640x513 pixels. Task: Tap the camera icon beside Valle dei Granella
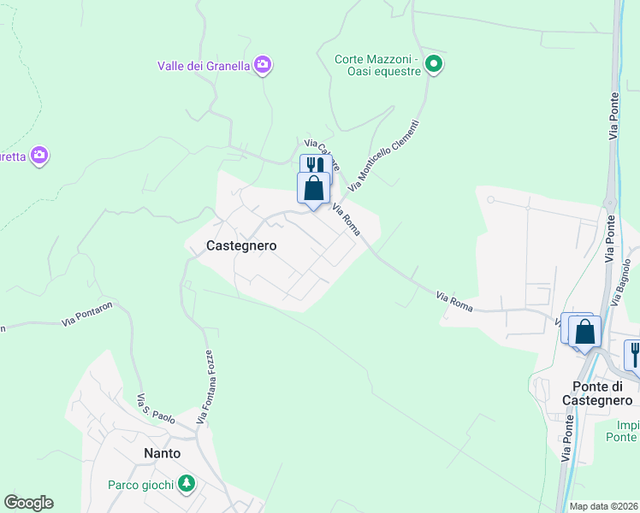click(x=263, y=64)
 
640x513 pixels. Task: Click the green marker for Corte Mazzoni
click(x=435, y=63)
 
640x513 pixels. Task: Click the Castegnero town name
click(x=242, y=245)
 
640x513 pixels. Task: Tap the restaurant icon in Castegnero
click(x=315, y=165)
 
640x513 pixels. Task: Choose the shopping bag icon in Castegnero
click(x=314, y=187)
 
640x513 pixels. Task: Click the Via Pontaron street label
click(x=87, y=313)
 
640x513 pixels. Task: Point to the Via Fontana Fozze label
click(x=204, y=386)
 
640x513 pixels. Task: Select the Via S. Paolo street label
click(x=156, y=409)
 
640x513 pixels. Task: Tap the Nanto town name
click(x=162, y=452)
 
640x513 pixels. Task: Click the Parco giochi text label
click(x=141, y=485)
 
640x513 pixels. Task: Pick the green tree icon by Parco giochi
click(x=186, y=485)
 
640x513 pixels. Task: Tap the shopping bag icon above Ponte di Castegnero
click(x=585, y=331)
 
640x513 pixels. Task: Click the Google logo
click(x=28, y=503)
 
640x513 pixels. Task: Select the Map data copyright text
click(x=604, y=506)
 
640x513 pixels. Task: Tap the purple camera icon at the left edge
click(x=39, y=156)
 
